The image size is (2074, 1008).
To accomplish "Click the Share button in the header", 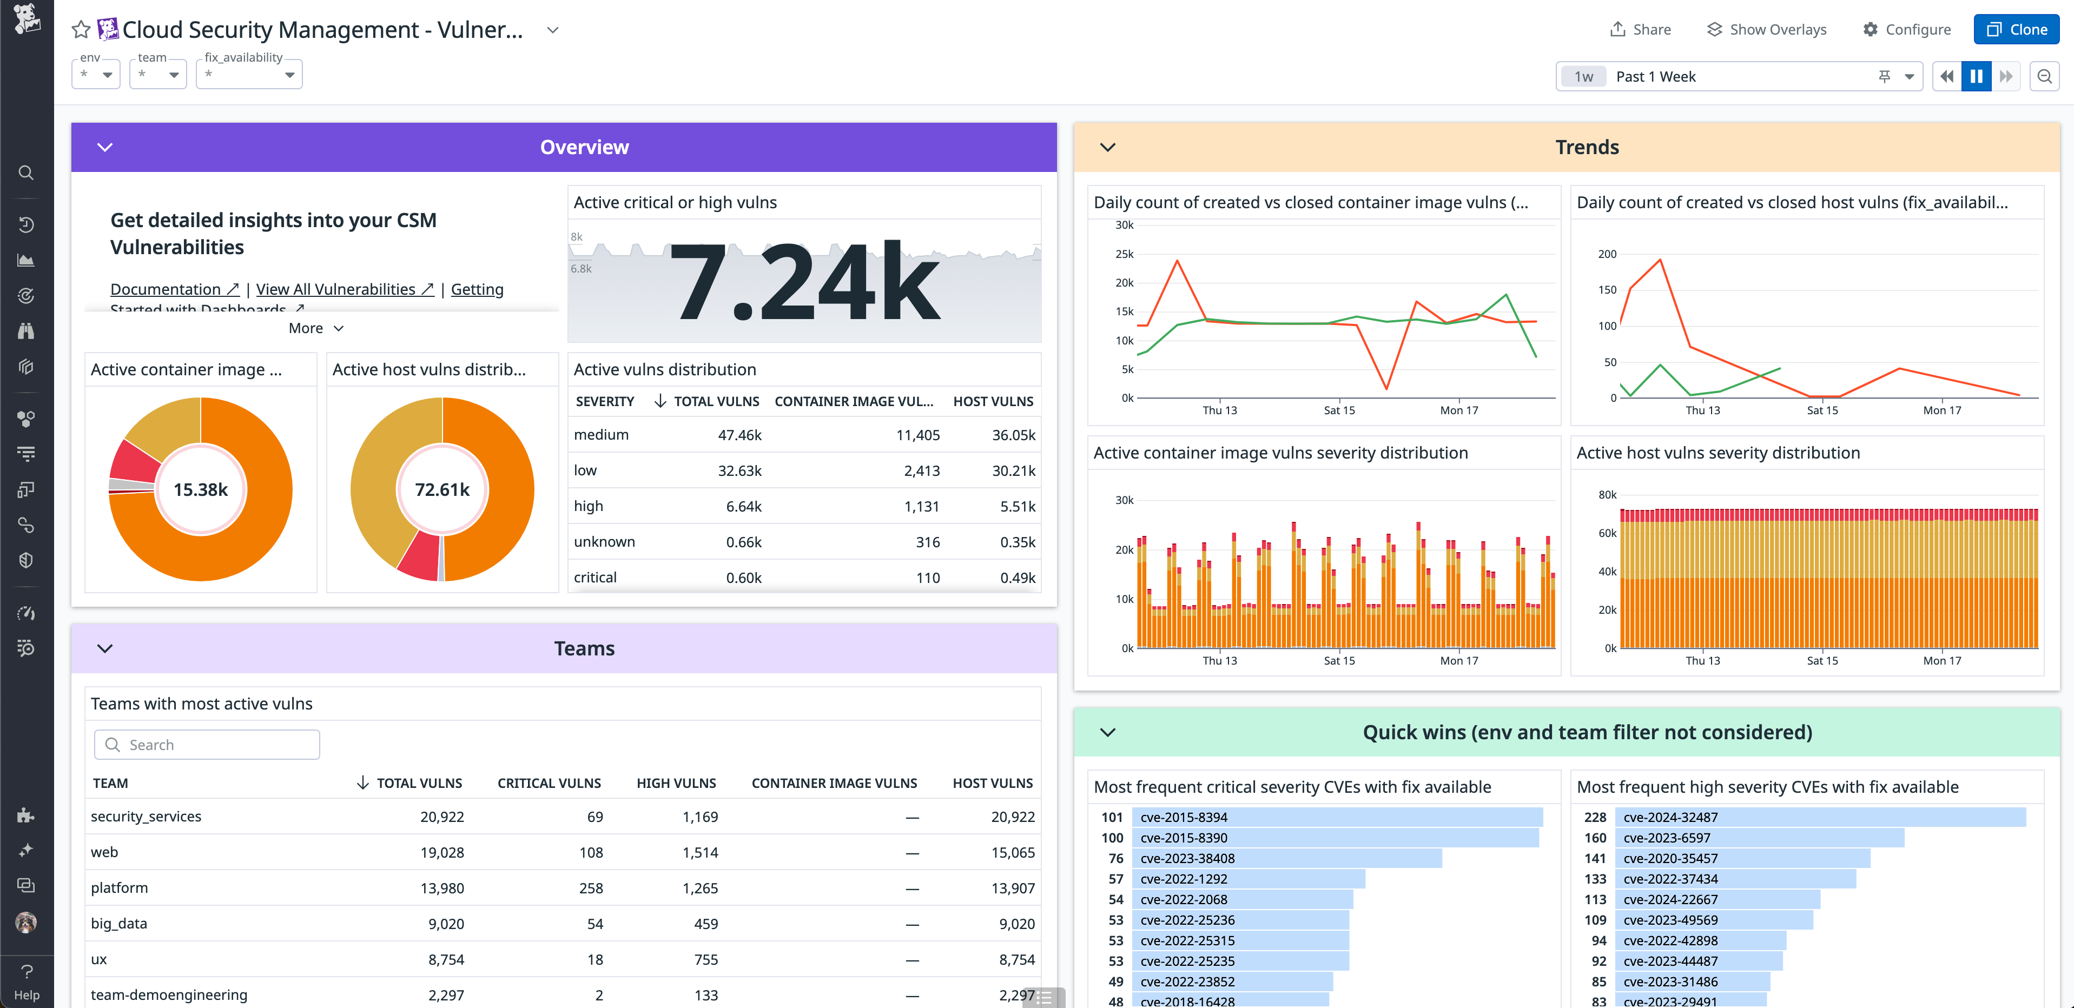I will coord(1640,30).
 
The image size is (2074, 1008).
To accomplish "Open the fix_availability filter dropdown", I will coord(249,75).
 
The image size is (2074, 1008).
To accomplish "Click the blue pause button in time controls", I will coord(1976,76).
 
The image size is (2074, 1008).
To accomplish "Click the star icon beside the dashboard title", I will coord(81,30).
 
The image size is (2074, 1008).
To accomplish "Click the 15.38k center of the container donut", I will coord(201,489).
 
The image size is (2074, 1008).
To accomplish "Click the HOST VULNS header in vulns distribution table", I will coord(993,401).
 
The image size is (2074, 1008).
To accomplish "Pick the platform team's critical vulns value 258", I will coord(590,888).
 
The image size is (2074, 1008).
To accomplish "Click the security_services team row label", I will coord(146,817).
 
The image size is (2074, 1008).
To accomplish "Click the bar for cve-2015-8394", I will coord(1337,817).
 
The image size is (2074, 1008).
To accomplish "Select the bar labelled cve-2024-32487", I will coord(1823,817).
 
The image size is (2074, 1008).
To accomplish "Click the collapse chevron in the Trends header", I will coord(1108,147).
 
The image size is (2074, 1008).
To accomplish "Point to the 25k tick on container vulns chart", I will coord(1124,254).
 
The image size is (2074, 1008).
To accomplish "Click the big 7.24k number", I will coord(803,282).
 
